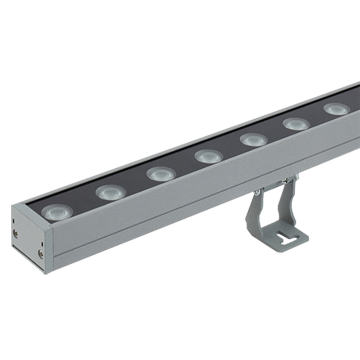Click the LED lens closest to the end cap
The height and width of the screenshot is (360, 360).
coord(57,211)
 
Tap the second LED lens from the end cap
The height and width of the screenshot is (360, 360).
coord(111,193)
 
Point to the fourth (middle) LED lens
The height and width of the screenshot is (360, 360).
coord(209,156)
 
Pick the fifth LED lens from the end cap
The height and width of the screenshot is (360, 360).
coord(253,139)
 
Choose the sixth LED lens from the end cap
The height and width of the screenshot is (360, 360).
coord(296,123)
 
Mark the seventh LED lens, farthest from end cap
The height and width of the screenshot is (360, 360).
coord(337,108)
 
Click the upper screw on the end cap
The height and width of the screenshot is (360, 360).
coord(16,233)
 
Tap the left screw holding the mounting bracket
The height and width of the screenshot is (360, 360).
coord(257,192)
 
